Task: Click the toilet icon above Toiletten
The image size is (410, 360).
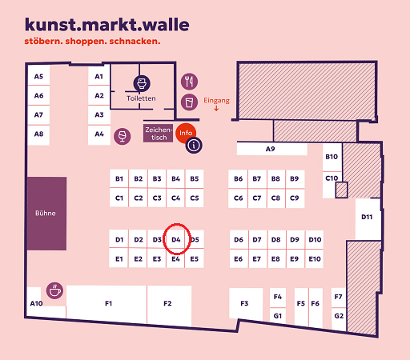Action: (142, 83)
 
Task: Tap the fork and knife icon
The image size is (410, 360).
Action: (189, 82)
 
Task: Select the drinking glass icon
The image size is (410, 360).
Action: (189, 102)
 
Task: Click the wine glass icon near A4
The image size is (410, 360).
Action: (123, 136)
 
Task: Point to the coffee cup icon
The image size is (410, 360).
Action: (54, 290)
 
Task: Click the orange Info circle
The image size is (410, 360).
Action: (185, 133)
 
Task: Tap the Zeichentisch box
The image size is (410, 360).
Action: (158, 134)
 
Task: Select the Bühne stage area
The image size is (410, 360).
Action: (46, 214)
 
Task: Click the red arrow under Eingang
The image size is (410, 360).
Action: (216, 108)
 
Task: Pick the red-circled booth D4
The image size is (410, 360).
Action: (175, 239)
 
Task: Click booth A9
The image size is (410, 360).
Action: (271, 149)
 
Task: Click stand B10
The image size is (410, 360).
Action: (332, 158)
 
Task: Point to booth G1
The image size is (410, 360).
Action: (278, 316)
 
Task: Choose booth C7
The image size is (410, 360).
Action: (257, 198)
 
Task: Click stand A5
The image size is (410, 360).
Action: (38, 76)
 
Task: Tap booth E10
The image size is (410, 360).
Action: (315, 258)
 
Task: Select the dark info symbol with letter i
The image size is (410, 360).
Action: (194, 146)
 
